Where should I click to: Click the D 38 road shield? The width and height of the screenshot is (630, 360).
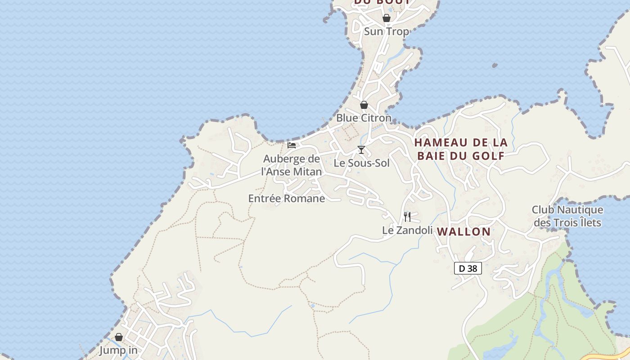(x=468, y=269)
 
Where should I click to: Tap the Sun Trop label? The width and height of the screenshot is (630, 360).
(x=386, y=31)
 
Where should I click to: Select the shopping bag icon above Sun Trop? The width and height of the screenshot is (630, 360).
(x=386, y=18)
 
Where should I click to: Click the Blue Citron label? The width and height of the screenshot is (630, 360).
(x=364, y=118)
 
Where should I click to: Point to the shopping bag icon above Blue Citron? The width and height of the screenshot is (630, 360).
(x=364, y=105)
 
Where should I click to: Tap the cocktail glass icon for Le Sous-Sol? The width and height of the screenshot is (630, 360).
(x=361, y=150)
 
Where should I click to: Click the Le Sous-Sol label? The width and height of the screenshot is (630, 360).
(x=361, y=163)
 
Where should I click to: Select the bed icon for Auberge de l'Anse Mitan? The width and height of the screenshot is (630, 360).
(x=292, y=145)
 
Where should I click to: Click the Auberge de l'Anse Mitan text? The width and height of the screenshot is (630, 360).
(x=292, y=165)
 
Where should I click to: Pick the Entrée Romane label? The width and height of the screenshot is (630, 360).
(x=286, y=198)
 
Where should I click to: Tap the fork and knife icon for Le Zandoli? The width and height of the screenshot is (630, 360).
(x=407, y=217)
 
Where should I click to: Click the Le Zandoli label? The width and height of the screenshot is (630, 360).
(x=407, y=230)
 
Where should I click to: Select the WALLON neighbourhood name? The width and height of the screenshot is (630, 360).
(x=463, y=232)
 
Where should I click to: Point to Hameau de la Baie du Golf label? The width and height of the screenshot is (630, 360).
(x=460, y=149)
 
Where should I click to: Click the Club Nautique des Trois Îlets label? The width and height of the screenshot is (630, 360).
(x=567, y=216)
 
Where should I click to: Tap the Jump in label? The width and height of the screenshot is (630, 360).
(x=118, y=350)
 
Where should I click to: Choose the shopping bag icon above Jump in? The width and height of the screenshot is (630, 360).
(x=119, y=337)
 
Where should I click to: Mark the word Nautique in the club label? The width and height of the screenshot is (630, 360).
(x=580, y=210)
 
